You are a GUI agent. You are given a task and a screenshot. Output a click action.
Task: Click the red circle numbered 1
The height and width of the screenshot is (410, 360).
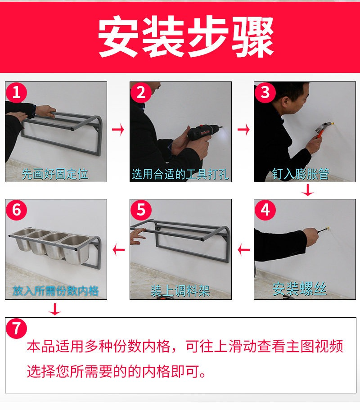click(x=16, y=92)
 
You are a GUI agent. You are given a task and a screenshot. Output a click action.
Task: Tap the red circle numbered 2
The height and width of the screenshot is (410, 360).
click(x=141, y=92)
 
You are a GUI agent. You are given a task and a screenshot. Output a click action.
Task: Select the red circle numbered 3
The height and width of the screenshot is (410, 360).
click(x=265, y=92)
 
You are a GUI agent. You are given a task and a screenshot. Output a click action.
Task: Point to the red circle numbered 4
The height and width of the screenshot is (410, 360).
click(x=265, y=210)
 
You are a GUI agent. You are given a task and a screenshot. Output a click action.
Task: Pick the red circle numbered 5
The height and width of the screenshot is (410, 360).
click(x=141, y=210)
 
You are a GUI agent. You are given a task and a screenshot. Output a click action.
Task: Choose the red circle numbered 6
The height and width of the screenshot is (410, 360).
click(x=16, y=210)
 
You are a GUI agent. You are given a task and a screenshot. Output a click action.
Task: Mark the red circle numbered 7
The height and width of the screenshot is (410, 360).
click(x=16, y=329)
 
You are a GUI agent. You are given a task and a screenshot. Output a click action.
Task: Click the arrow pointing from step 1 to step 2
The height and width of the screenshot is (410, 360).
click(x=118, y=130)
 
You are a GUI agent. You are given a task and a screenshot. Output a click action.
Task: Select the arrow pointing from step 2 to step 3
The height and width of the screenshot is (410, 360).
click(x=243, y=130)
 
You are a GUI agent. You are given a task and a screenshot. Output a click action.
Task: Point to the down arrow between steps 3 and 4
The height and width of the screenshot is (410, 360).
click(x=308, y=190)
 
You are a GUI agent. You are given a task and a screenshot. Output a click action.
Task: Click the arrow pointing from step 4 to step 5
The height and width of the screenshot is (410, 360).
click(x=243, y=250)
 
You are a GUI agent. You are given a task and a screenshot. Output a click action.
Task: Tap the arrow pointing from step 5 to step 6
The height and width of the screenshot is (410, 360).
click(x=119, y=250)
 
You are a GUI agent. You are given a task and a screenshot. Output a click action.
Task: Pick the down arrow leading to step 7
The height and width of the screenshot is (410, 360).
click(x=55, y=309)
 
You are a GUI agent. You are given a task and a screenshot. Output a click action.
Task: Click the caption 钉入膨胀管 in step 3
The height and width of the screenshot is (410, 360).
click(x=300, y=174)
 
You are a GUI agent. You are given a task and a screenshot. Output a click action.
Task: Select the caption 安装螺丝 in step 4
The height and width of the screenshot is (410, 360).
click(x=300, y=289)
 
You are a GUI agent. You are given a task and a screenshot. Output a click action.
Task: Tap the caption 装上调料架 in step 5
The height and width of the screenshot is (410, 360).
click(x=180, y=291)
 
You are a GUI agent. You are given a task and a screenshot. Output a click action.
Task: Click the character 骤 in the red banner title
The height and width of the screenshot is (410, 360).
click(x=252, y=36)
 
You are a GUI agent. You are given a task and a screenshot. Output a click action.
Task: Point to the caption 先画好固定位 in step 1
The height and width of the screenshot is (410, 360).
click(x=55, y=174)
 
